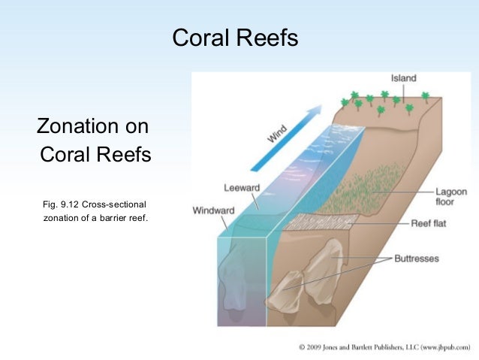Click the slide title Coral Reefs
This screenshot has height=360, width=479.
[235, 38]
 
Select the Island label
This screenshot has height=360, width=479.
[403, 78]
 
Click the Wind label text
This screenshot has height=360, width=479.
[277, 135]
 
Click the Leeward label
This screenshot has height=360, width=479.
[242, 187]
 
